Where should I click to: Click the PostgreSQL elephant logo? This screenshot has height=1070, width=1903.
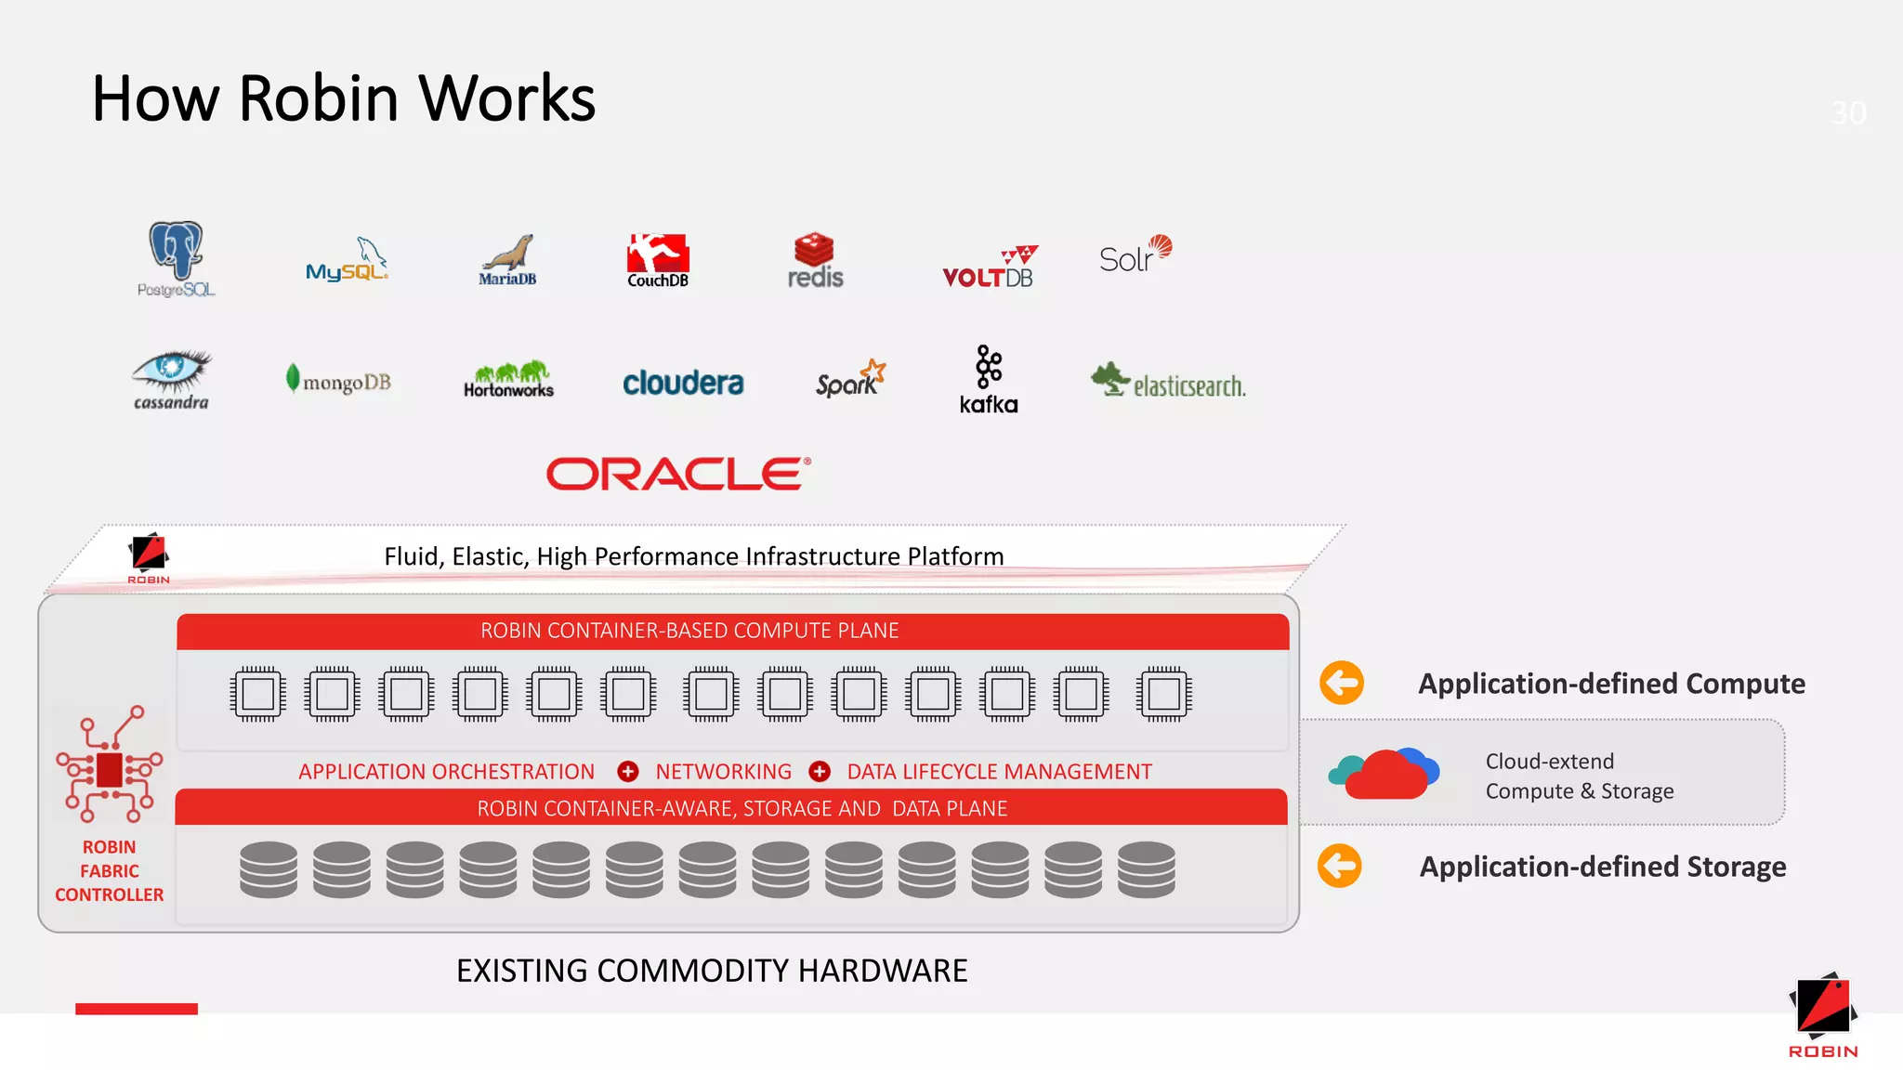(176, 258)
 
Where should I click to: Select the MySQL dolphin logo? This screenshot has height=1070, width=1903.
(347, 261)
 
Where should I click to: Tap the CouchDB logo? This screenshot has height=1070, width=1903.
(658, 261)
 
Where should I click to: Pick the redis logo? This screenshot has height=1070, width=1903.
(814, 261)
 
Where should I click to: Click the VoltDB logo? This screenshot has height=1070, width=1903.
(989, 268)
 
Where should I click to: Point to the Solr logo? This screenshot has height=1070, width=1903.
(1135, 254)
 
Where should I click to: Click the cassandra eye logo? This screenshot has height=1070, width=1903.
(171, 379)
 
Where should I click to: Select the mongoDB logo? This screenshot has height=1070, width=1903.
(338, 380)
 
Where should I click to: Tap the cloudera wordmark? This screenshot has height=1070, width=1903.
(683, 383)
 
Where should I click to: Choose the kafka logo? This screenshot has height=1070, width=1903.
(989, 379)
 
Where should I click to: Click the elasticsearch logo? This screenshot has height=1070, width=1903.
(1168, 382)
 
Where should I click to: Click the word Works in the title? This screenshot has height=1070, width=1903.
(506, 98)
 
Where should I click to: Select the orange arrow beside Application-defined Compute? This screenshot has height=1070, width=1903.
(1341, 684)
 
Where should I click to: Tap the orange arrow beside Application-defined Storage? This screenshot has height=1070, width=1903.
(1339, 866)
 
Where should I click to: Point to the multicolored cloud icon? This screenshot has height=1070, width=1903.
(1384, 774)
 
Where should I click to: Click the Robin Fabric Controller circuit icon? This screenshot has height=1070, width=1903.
(110, 765)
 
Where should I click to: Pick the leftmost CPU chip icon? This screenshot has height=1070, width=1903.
(257, 694)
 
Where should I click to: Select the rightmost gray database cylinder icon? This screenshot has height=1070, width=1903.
(1146, 869)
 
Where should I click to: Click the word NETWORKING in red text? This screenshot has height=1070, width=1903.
(723, 772)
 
